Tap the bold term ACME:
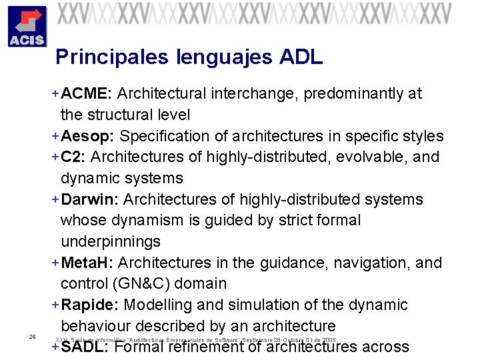point(87,93)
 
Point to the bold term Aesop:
point(87,136)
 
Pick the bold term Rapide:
point(90,305)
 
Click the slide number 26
point(32,337)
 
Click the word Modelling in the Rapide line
point(158,305)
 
